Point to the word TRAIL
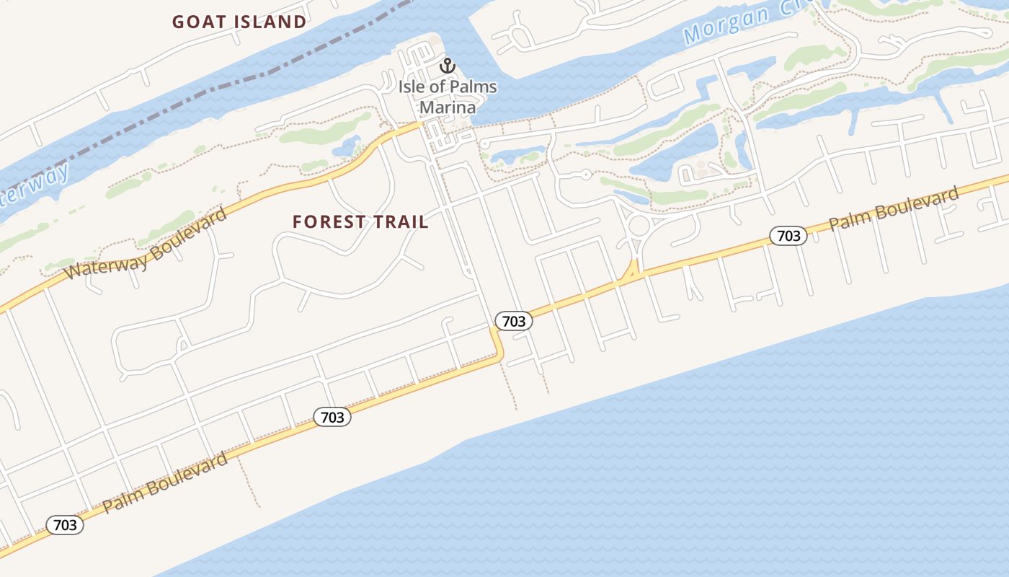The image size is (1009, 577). click(x=400, y=222)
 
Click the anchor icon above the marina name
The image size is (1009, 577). click(x=448, y=66)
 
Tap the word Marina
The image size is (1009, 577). click(x=448, y=108)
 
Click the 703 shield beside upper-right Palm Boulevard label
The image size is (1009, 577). click(x=788, y=235)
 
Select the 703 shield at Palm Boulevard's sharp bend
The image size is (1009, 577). click(x=513, y=321)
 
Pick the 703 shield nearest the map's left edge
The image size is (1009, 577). click(x=65, y=525)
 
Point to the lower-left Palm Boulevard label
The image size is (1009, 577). click(x=165, y=483)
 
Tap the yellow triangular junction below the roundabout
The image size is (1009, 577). click(x=632, y=271)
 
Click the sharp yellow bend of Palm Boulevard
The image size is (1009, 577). click(x=498, y=353)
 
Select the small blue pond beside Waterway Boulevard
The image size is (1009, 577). click(x=347, y=146)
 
